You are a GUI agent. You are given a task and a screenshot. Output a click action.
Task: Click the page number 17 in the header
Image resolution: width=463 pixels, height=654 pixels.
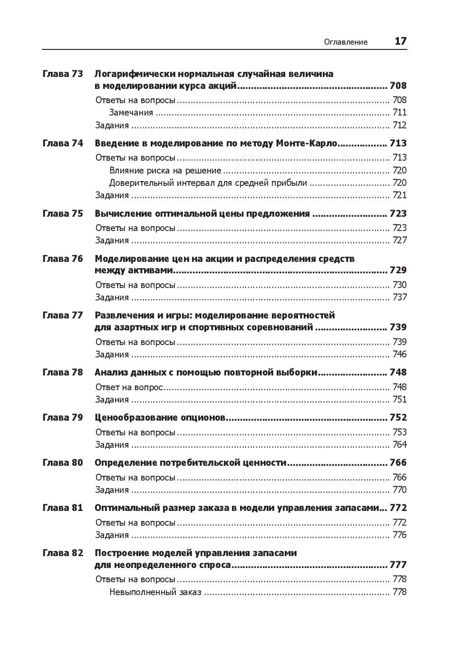[x=400, y=41]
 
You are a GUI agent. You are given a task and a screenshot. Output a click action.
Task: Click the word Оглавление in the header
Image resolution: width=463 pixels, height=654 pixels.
[x=346, y=42]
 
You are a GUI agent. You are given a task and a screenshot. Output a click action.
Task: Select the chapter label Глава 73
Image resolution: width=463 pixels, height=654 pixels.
[x=63, y=74]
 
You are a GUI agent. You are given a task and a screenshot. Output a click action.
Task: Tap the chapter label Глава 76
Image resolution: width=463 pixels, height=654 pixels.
[x=63, y=259]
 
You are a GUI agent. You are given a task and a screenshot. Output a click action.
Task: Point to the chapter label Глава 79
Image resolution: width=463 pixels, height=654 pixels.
[x=63, y=417]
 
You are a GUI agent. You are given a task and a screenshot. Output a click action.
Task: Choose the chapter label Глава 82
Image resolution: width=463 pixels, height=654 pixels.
[x=63, y=553]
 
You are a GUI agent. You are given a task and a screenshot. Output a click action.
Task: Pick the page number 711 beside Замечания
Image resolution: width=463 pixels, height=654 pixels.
[x=399, y=113]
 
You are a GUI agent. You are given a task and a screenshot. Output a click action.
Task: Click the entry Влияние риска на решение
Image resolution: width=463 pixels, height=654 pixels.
[x=165, y=170]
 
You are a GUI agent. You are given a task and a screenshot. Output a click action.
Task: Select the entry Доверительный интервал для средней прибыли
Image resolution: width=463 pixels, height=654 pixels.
[x=208, y=183]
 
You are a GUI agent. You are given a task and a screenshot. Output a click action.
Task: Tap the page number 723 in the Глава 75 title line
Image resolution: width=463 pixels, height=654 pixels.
[x=398, y=213]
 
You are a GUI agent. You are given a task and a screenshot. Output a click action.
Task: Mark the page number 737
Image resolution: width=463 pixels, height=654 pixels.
[x=399, y=297]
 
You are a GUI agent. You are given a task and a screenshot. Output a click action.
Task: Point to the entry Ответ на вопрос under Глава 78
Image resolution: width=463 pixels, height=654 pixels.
[x=129, y=387]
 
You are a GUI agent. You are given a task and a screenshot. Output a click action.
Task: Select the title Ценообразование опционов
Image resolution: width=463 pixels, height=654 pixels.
[x=160, y=417]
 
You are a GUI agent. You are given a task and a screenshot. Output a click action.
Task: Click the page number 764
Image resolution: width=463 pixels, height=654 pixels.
[x=399, y=444]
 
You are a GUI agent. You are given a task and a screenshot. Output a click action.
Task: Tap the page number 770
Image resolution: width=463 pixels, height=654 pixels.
[x=399, y=490]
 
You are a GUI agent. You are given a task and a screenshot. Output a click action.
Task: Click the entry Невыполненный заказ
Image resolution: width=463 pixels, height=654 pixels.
[x=155, y=592]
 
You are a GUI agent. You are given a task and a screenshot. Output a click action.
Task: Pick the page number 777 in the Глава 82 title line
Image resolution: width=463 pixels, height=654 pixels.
[x=398, y=565]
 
